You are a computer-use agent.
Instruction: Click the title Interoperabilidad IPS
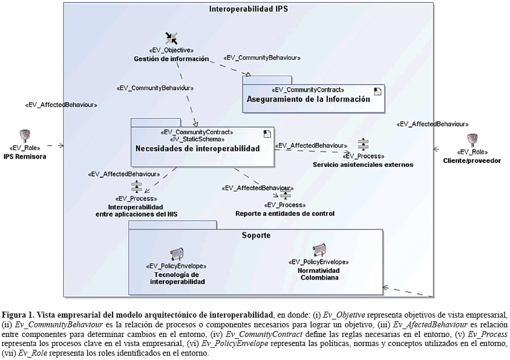(248, 9)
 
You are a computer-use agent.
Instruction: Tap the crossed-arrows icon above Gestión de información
(171, 38)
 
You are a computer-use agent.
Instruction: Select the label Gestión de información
(171, 59)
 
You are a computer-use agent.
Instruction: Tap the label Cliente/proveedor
(472, 160)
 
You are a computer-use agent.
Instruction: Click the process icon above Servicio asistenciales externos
(362, 145)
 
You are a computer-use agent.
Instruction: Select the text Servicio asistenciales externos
(362, 165)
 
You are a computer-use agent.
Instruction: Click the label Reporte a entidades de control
(285, 214)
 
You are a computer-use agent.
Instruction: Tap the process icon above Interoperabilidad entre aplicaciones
(136, 186)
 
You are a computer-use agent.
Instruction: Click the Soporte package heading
(256, 235)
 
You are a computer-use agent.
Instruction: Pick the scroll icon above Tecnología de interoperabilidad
(177, 254)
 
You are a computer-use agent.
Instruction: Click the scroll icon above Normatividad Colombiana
(319, 249)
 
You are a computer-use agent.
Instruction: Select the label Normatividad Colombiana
(318, 274)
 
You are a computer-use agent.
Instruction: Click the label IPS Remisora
(25, 157)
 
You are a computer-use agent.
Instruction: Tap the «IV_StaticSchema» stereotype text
(197, 139)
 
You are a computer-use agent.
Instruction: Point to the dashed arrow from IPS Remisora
(55, 145)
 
